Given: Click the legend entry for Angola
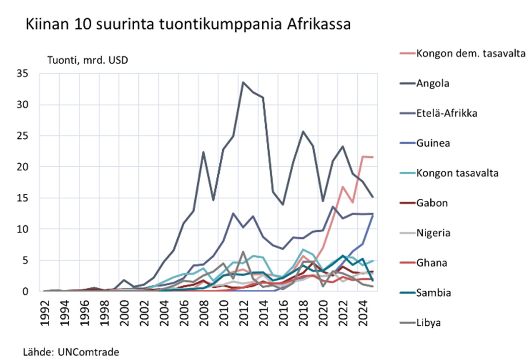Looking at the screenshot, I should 433,83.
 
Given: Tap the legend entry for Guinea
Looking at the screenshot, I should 433,143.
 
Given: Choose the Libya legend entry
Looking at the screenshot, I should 428,322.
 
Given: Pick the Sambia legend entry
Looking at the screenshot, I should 433,292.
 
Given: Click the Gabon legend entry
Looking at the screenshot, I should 432,203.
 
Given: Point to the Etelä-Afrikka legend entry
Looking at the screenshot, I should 446,113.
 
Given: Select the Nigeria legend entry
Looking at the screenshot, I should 433,233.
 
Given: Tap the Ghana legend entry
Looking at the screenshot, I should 432,263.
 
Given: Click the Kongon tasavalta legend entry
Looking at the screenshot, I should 457,173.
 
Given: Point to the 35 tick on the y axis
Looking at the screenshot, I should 22,73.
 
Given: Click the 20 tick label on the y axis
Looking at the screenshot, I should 22,167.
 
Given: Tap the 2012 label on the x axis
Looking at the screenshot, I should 244,313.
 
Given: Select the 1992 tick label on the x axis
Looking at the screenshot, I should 45,313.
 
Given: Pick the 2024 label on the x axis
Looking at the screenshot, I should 363,313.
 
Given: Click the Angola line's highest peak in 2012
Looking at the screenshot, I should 243,82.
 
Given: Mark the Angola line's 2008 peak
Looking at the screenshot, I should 203,152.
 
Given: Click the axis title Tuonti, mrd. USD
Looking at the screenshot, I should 88,60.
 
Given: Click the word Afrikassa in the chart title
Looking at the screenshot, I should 319,24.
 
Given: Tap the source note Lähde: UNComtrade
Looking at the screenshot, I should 71,352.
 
